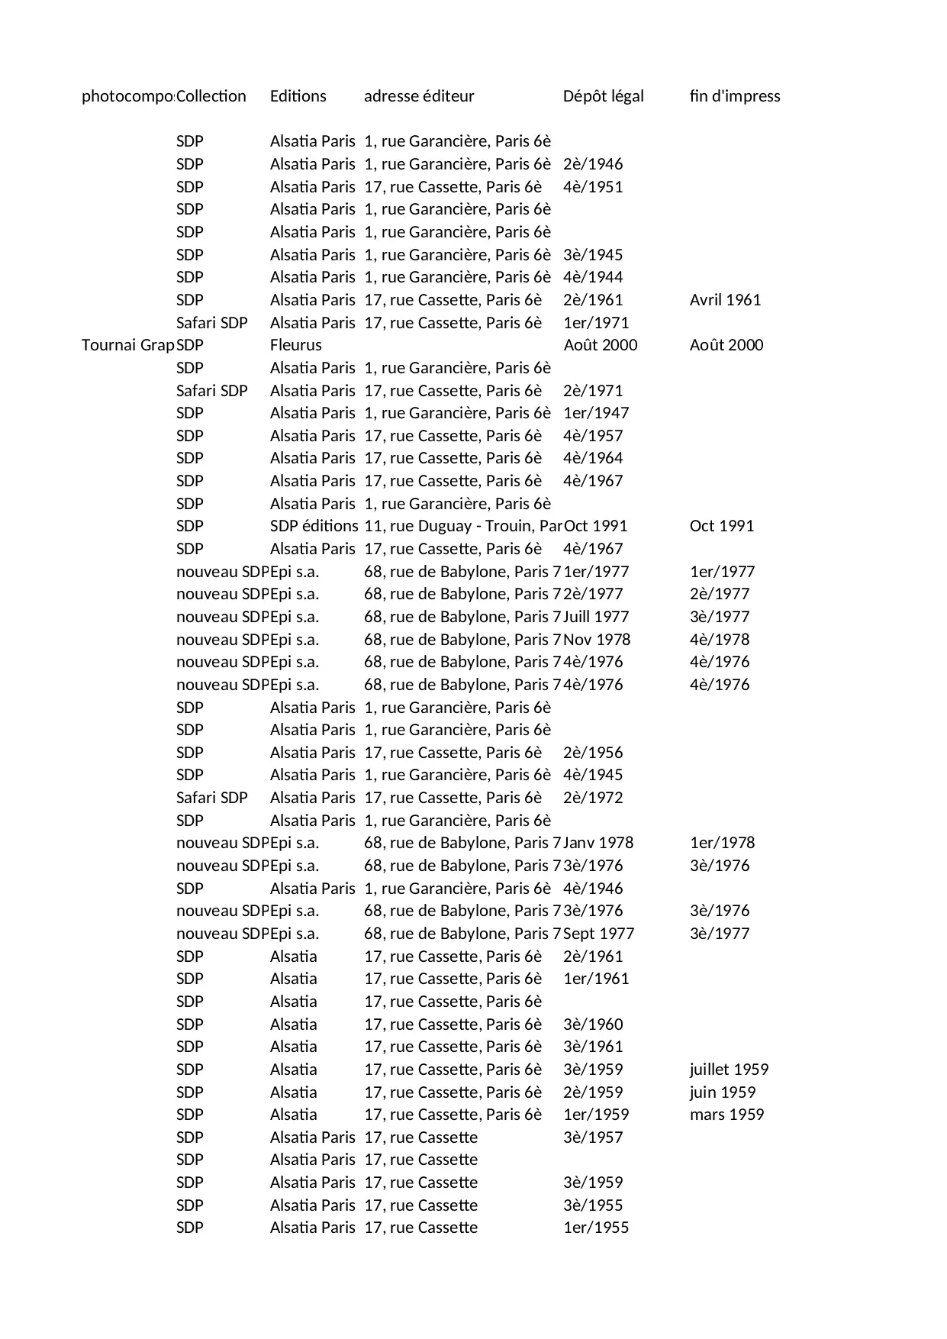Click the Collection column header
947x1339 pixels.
(x=211, y=96)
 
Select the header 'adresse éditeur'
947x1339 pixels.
(x=419, y=96)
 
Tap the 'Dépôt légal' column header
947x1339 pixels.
(x=603, y=96)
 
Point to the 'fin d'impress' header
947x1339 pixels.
(x=734, y=96)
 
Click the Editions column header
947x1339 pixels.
(x=298, y=96)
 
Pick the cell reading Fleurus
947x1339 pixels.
(x=295, y=345)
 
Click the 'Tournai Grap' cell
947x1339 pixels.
(x=127, y=345)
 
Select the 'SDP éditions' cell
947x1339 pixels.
(x=314, y=526)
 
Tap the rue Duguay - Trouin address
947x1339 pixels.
(x=462, y=526)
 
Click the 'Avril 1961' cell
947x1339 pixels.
(x=725, y=300)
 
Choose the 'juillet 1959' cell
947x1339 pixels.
(x=729, y=1070)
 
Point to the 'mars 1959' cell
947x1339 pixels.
(x=726, y=1115)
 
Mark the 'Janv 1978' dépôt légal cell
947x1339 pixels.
(x=598, y=843)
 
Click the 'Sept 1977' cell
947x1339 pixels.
(x=598, y=934)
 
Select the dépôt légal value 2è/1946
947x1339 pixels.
(x=593, y=164)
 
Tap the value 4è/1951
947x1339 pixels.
(x=593, y=187)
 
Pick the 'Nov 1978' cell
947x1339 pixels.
(x=597, y=640)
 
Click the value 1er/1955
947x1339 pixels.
(x=596, y=1228)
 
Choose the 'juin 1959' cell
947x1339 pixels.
(x=722, y=1092)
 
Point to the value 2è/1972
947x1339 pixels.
(x=593, y=798)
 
